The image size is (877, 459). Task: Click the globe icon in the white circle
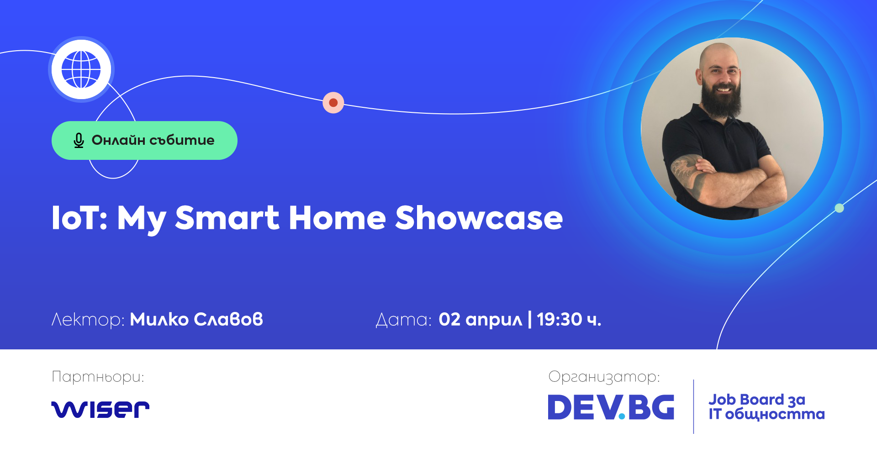[81, 69]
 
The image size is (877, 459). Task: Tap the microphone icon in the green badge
[79, 140]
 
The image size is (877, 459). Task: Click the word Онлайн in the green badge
[118, 140]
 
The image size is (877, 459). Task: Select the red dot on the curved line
[333, 102]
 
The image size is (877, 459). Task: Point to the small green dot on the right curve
[839, 208]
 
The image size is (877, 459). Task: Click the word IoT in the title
[76, 218]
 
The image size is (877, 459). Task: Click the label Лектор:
[88, 320]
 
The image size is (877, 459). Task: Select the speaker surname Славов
[228, 319]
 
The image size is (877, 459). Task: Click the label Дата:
[404, 320]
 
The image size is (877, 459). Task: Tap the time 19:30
[560, 319]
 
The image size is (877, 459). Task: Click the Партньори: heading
[98, 377]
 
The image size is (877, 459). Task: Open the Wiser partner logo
[100, 409]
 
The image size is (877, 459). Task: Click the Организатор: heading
[604, 377]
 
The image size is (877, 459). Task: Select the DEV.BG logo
[611, 407]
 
